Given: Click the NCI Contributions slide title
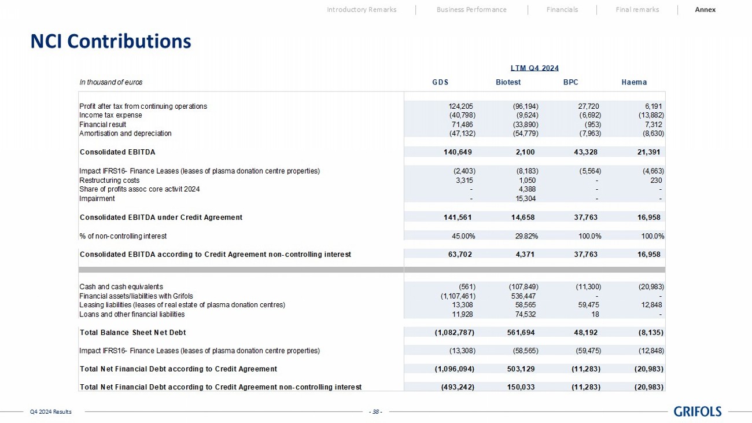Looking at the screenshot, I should [110, 42].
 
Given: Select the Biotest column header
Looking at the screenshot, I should [508, 82].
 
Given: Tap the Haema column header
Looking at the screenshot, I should [634, 82].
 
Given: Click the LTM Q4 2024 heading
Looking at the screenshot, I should [534, 68].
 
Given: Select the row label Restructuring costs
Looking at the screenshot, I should [109, 180].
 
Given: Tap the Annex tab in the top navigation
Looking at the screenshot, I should [705, 9].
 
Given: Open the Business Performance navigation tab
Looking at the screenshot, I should [471, 9].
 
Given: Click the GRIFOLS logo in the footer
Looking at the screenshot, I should [698, 411].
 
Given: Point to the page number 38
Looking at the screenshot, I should [376, 412].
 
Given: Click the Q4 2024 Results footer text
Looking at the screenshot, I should [51, 412].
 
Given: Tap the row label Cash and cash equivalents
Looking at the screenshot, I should [121, 286].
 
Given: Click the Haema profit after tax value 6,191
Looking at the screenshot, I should [653, 106].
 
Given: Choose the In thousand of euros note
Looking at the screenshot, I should [110, 82].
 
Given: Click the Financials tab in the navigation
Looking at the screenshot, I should [562, 9].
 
